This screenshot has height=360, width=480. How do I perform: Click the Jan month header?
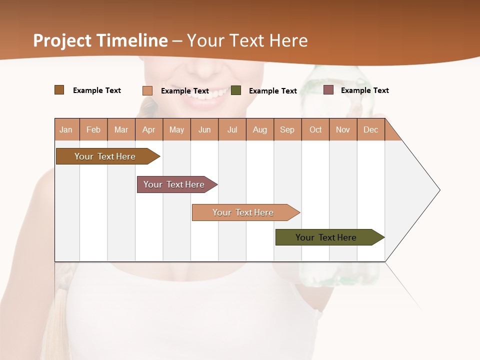coord(66,129)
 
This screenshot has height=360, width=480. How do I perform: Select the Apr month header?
coord(149,129)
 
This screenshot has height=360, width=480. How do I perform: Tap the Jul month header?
coord(232,129)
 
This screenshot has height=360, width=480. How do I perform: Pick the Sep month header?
coord(287,129)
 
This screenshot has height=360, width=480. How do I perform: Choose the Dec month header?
coord(370,129)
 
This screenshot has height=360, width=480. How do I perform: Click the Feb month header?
coord(93,129)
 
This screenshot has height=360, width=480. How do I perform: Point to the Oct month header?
coord(315,129)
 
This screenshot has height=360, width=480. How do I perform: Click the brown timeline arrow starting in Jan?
coord(105,156)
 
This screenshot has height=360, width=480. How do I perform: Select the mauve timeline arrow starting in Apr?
coord(174,184)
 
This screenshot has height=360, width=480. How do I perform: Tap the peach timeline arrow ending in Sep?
coord(243,212)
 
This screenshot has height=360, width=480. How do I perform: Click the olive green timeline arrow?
coord(326,237)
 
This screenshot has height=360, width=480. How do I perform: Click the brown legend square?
coord(59,90)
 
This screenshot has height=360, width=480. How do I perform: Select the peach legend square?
coord(147,90)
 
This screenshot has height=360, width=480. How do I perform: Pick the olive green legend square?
coord(236,90)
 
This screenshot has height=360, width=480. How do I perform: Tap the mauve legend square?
coord(328,90)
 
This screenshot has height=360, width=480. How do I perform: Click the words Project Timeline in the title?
coord(100,40)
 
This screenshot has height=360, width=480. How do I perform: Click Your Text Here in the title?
coord(247,40)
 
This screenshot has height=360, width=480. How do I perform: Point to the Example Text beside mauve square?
coord(364,90)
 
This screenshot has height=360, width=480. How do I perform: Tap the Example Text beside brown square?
coord(96,90)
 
